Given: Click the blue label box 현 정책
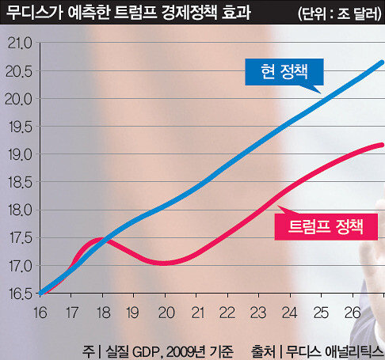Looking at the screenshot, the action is (x=284, y=72).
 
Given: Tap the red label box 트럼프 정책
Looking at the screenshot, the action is (x=326, y=227).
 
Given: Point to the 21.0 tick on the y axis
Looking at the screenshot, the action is (x=20, y=43).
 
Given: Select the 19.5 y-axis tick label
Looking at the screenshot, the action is (x=21, y=127).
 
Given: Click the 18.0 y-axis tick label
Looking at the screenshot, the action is (x=20, y=210).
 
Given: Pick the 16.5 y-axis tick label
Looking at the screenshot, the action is (x=21, y=294).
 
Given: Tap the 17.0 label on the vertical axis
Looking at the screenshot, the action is (x=21, y=266).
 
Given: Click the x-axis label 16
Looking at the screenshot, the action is (x=40, y=313).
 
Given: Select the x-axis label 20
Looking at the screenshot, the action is (x=166, y=313).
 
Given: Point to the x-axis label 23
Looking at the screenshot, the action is (x=258, y=313).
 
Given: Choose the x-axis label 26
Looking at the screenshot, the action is (x=353, y=313).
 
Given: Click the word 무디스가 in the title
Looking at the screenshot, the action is (x=34, y=12).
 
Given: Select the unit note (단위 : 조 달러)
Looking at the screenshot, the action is (x=340, y=13).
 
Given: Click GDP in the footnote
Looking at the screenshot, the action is (x=147, y=351).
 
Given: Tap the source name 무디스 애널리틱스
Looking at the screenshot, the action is (x=334, y=351).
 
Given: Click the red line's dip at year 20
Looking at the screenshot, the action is (x=164, y=263).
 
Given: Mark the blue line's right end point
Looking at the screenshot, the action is (x=382, y=63).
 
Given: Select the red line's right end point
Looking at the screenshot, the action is (x=382, y=145).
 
